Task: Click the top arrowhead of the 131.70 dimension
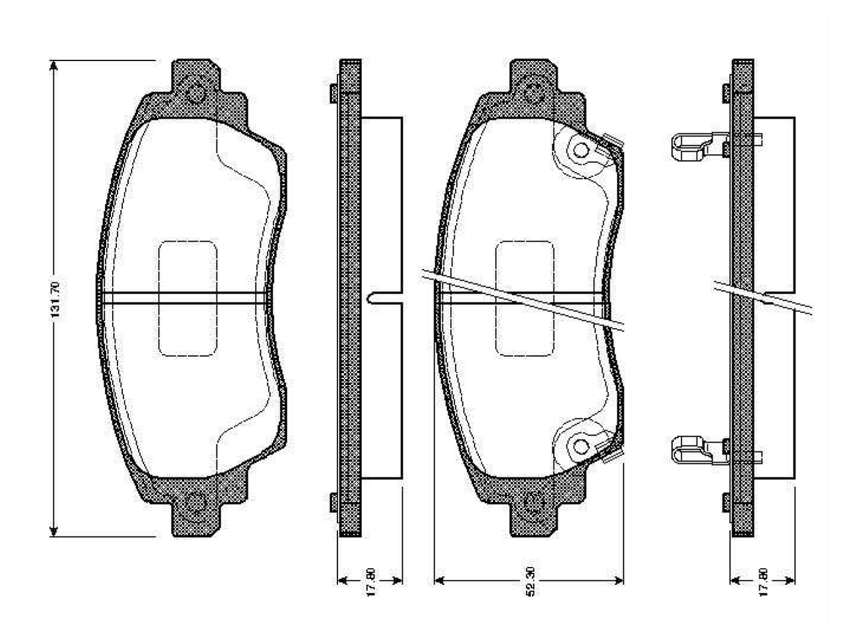tap(54, 66)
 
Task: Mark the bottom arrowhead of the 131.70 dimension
tap(54, 529)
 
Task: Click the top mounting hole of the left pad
tap(195, 94)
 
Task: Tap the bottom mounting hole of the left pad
tap(195, 502)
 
